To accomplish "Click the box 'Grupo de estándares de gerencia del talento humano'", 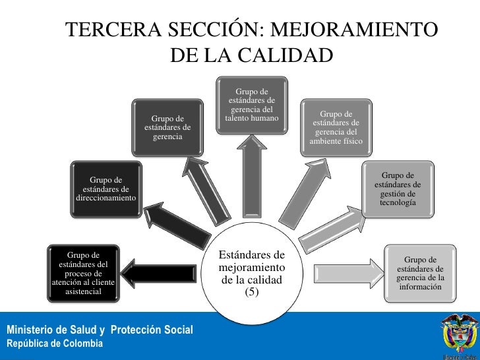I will (252, 108).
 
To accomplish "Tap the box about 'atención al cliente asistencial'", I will (82, 272).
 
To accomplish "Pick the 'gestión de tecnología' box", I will (398, 189).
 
